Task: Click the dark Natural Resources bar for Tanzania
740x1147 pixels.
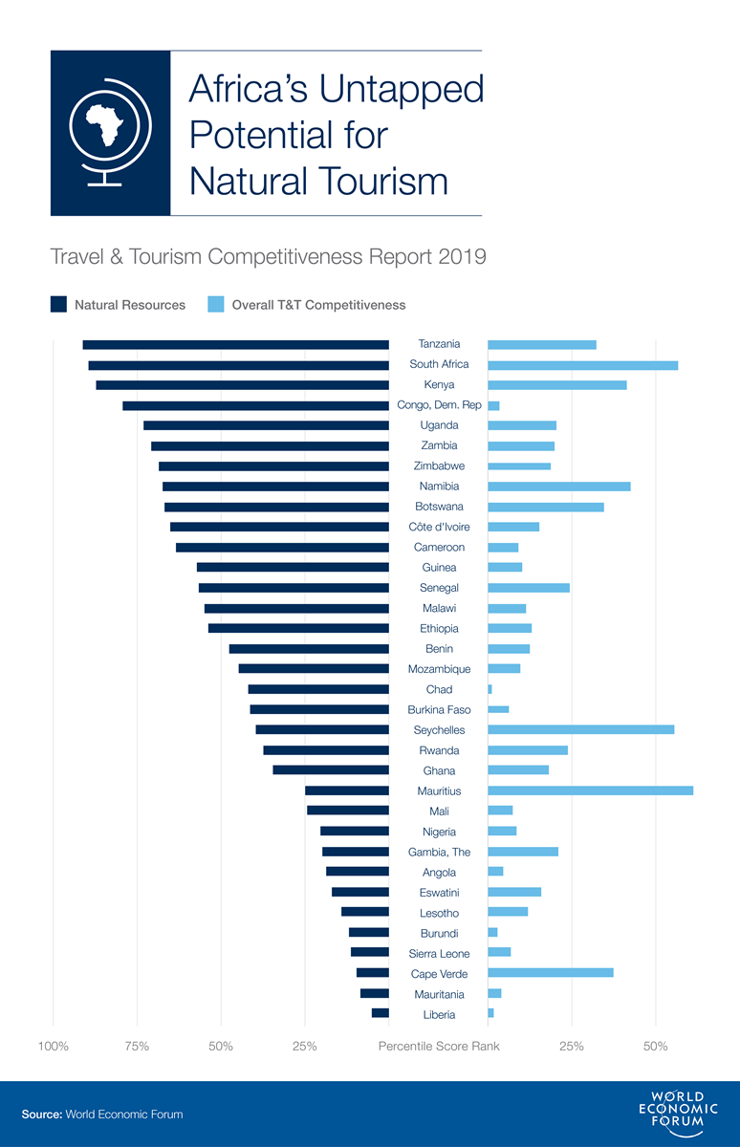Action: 235,344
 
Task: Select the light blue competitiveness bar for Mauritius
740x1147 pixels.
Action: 590,790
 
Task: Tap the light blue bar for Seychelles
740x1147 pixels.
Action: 580,729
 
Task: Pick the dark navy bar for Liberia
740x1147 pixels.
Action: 381,1013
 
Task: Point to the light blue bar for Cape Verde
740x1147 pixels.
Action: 550,973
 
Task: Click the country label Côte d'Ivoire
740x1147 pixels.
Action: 439,527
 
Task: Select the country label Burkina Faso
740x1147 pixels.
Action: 439,709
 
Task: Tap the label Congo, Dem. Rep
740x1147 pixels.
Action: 439,405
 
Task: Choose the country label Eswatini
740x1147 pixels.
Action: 439,893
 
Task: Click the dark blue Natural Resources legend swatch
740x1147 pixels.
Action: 58,305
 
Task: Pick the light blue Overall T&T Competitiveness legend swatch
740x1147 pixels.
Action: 215,305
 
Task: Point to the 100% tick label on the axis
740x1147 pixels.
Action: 53,1046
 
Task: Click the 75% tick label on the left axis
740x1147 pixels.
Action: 137,1046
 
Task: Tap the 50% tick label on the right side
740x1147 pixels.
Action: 655,1046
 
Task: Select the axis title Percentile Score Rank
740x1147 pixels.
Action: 439,1046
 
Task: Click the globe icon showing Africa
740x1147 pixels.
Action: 110,133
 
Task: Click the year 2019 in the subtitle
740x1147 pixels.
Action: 463,256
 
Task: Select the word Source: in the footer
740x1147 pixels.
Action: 42,1115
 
